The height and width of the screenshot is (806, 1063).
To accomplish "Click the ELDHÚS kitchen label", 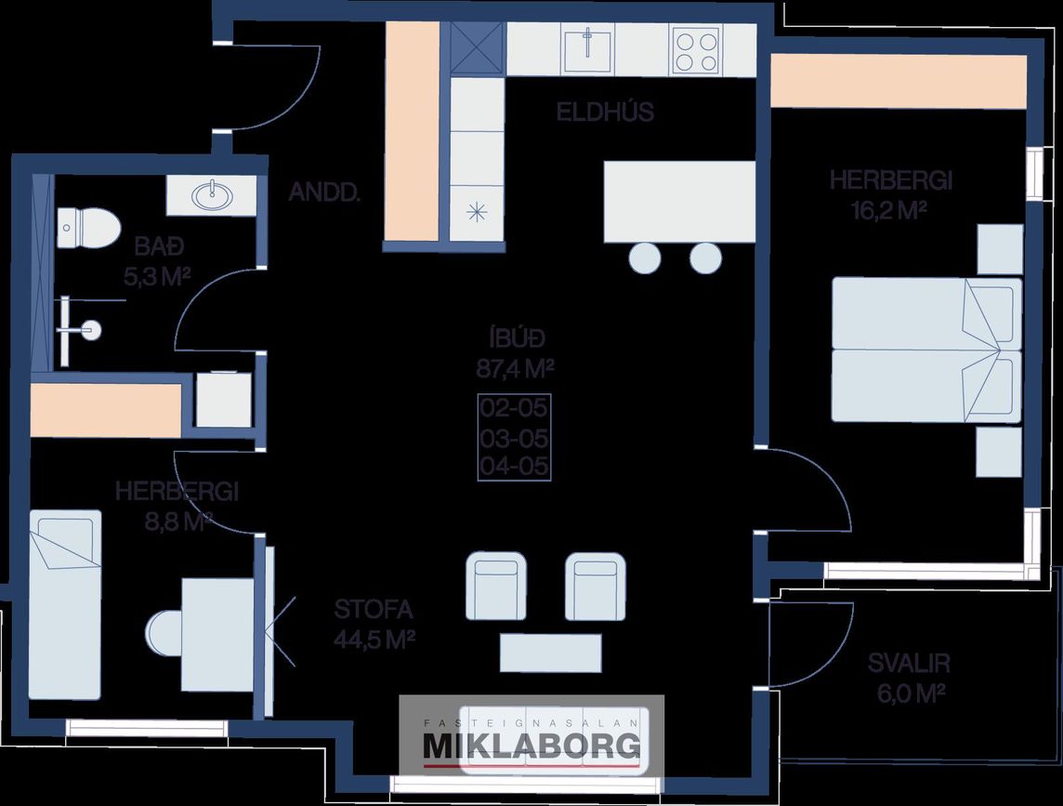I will tap(605, 112).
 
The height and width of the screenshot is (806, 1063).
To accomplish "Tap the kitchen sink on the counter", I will tap(586, 47).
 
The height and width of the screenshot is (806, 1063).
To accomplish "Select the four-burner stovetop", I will tap(696, 50).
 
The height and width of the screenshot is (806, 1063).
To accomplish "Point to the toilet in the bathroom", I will tap(88, 226).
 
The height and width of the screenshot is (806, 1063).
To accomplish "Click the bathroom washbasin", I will tap(211, 195).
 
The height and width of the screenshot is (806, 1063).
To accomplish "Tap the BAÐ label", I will tap(161, 247).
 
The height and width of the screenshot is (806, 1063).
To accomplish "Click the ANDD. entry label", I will tap(324, 192).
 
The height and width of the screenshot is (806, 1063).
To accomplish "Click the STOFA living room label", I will tap(373, 611).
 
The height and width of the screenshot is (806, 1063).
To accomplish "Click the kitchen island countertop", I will tap(679, 201).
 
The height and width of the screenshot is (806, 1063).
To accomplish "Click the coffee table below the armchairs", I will tap(550, 651).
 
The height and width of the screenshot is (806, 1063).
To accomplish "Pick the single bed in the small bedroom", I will tap(64, 604).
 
